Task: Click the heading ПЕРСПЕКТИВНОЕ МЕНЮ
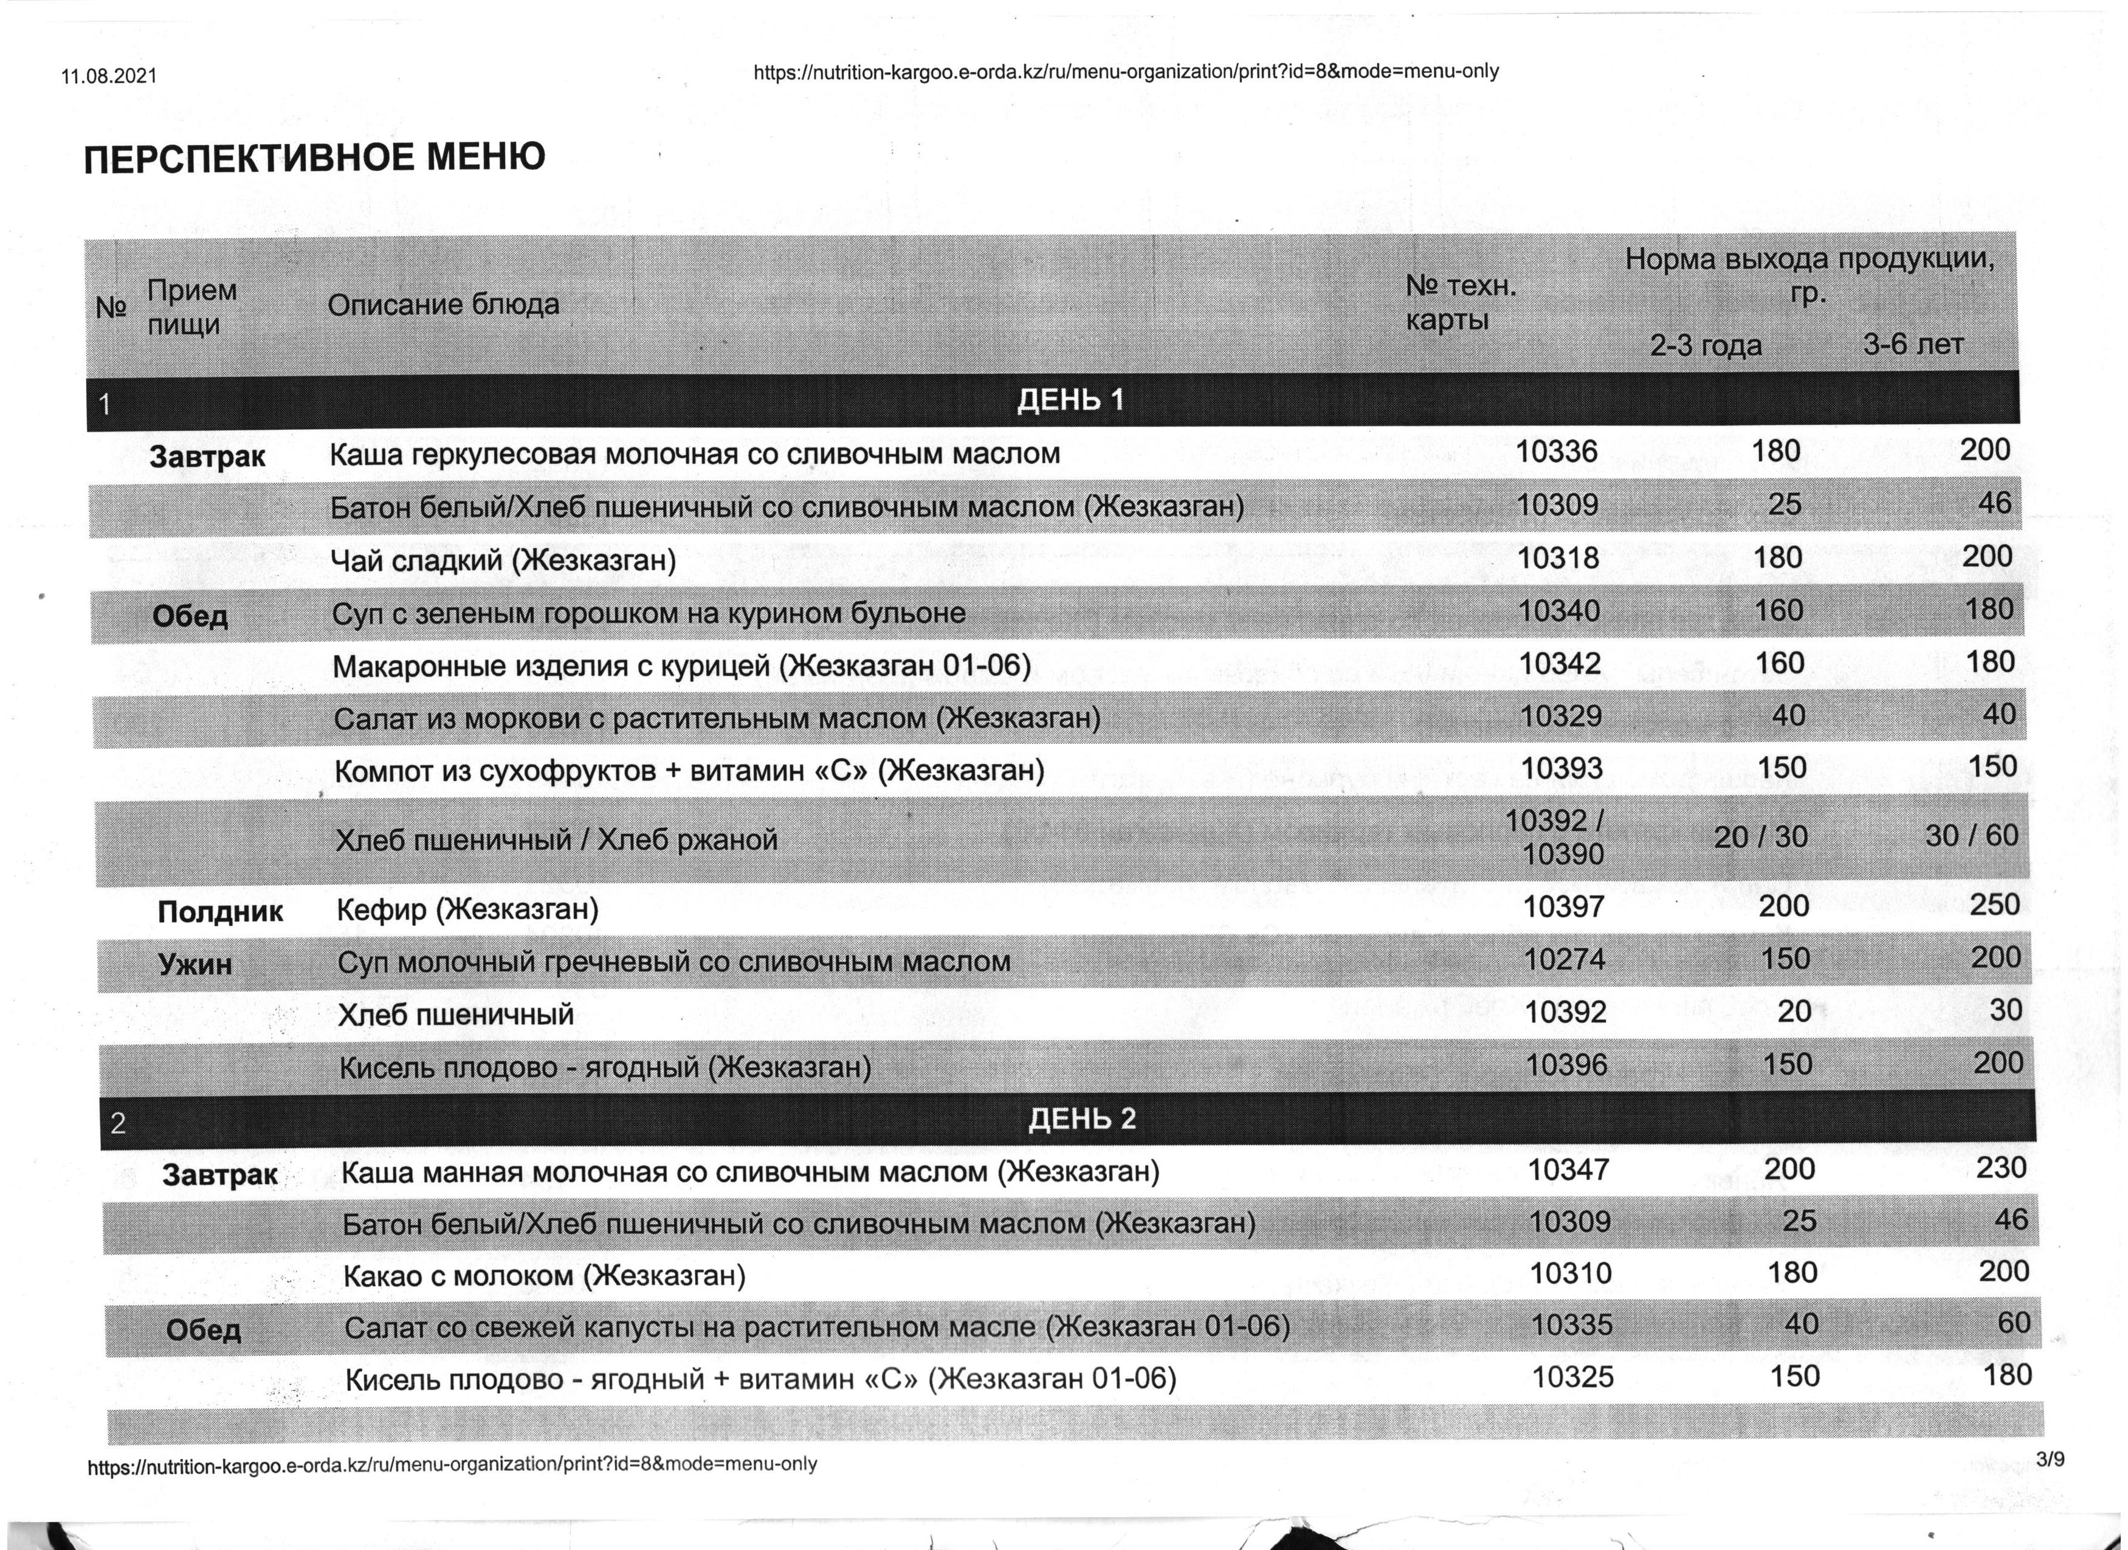point(314,157)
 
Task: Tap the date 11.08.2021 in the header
point(109,76)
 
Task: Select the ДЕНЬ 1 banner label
point(1070,401)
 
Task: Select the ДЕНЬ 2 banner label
point(1082,1118)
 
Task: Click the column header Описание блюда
point(443,305)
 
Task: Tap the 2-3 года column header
point(1706,346)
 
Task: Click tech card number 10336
point(1557,452)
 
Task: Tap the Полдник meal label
point(221,912)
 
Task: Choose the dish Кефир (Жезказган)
point(467,909)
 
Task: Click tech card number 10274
point(1564,960)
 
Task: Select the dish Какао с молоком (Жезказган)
point(544,1276)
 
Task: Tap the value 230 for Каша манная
point(2002,1168)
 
